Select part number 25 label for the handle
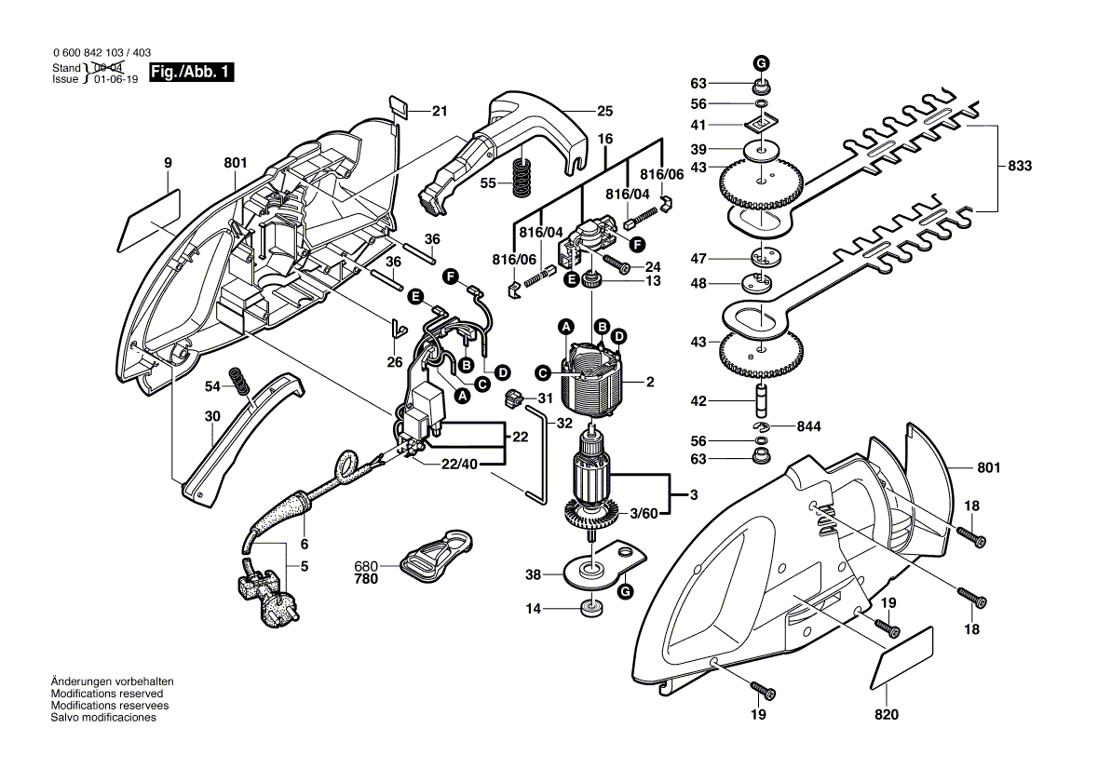click(605, 111)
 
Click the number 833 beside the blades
click(1020, 167)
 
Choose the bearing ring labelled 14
click(589, 610)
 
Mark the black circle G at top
click(761, 62)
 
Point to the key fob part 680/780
click(437, 556)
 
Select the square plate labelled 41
click(761, 123)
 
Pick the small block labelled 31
click(511, 400)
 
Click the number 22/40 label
click(460, 465)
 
